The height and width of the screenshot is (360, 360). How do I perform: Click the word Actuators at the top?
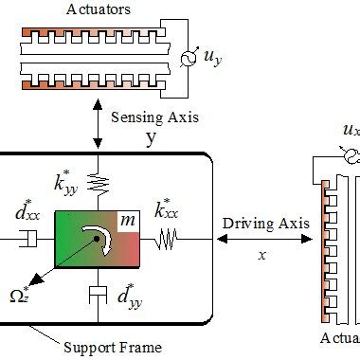73,9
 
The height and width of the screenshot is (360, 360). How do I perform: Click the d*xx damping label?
24,207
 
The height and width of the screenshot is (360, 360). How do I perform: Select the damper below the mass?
96,295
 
